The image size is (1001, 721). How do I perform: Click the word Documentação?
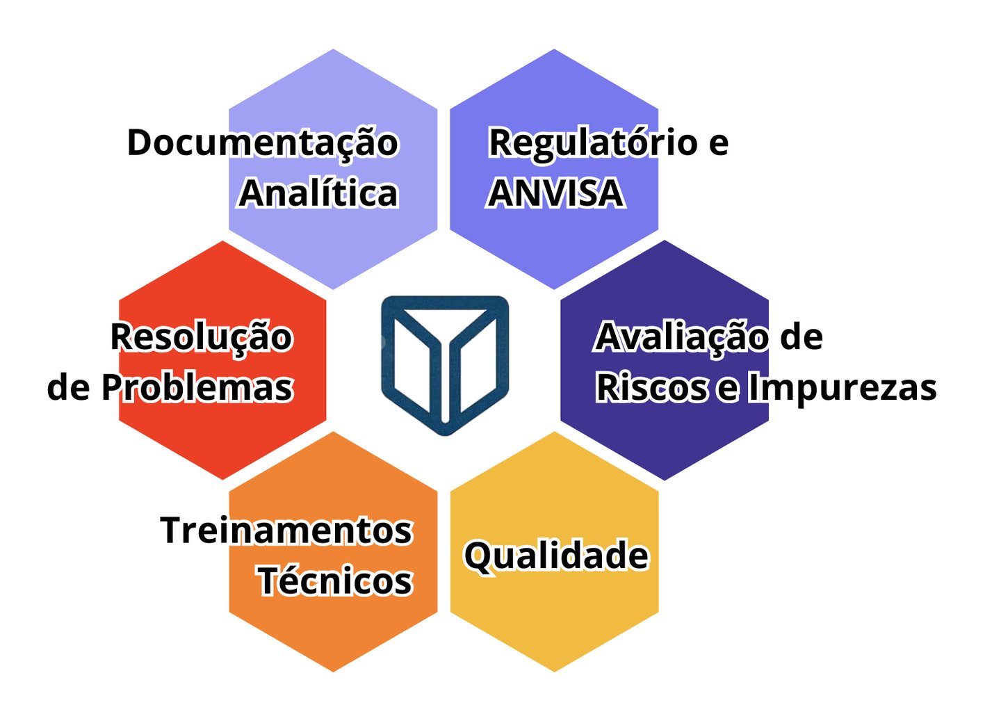coord(262,143)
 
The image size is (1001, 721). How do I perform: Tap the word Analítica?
coord(318,193)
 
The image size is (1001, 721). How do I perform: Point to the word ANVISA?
coord(555,193)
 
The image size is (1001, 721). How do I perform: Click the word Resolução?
coord(202,337)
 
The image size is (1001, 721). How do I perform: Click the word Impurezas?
coord(842,387)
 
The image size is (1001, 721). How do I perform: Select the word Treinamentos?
coord(286,530)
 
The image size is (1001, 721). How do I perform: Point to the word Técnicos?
coord(335,581)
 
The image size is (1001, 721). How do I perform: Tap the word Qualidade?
coord(556,556)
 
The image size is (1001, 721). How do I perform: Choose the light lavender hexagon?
coord(334,90)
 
